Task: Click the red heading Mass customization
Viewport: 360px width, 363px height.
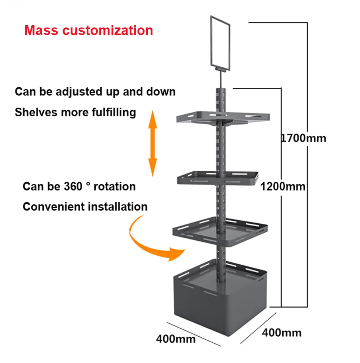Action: pyautogui.click(x=89, y=30)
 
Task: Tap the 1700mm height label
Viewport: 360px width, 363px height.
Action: pyautogui.click(x=303, y=138)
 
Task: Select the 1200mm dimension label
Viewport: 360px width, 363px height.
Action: pyautogui.click(x=283, y=186)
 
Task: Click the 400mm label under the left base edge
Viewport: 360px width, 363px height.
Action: pyautogui.click(x=176, y=339)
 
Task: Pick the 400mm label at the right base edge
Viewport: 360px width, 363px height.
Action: pyautogui.click(x=282, y=332)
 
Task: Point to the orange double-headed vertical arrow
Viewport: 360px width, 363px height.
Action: pyautogui.click(x=152, y=143)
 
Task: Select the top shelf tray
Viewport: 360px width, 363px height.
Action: pyautogui.click(x=223, y=117)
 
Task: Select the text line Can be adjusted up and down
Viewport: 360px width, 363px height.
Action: pyautogui.click(x=95, y=92)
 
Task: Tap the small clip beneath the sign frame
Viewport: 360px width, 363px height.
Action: pyautogui.click(x=220, y=69)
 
